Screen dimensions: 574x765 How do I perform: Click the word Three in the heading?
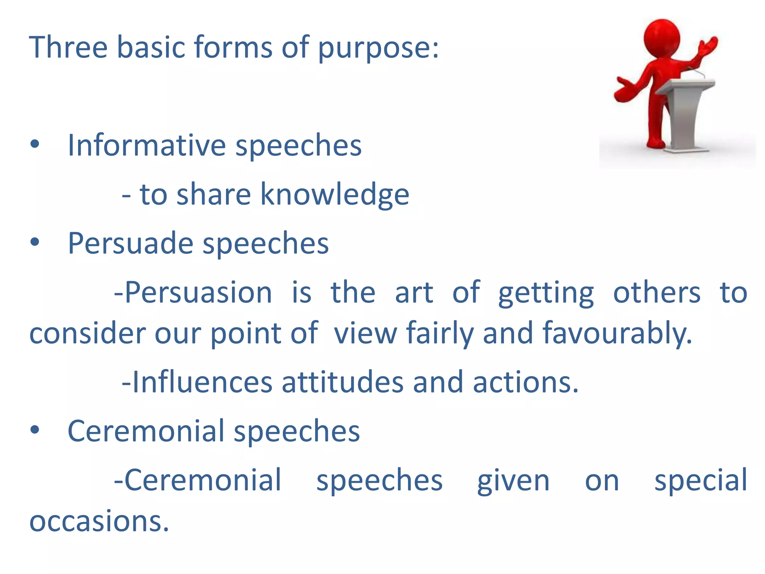68,47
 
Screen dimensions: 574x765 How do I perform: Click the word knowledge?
334,195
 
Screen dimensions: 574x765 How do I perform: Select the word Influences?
202,382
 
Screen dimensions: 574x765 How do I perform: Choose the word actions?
525,382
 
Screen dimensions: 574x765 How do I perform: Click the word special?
701,481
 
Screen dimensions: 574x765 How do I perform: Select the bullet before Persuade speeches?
35,243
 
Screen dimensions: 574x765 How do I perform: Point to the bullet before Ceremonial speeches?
35,430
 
